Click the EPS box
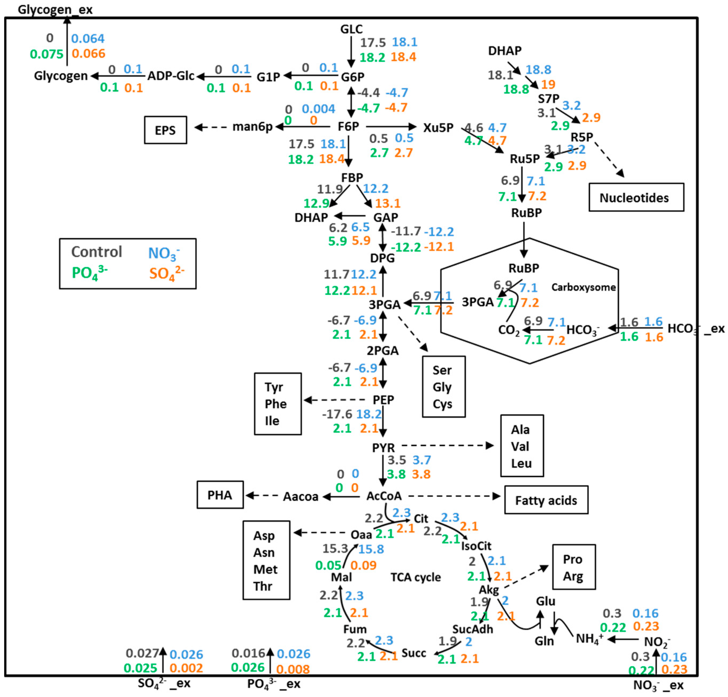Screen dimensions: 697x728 (165, 130)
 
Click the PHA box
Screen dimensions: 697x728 (220, 495)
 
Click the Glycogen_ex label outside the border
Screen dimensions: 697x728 (55, 9)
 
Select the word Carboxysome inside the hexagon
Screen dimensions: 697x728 (583, 287)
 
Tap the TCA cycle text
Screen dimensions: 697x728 (415, 577)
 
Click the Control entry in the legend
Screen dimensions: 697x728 (97, 252)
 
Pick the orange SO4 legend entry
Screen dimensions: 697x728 (166, 274)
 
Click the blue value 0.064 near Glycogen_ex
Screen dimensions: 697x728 (88, 38)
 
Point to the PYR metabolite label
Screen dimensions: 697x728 (383, 448)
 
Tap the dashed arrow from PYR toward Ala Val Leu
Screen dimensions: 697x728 (447, 445)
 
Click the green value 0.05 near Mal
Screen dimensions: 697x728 (328, 565)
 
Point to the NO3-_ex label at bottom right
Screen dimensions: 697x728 (658, 685)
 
